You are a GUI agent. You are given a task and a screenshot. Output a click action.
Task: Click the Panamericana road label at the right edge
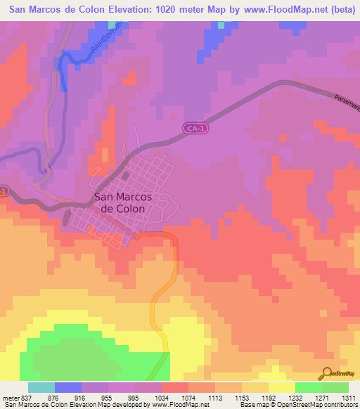tap(347, 105)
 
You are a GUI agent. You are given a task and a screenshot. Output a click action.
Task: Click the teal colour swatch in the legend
tap(41, 387)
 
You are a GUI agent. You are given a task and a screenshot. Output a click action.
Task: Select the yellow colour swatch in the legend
tap(281, 387)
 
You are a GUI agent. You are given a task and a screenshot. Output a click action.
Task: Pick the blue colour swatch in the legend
tap(68, 387)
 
